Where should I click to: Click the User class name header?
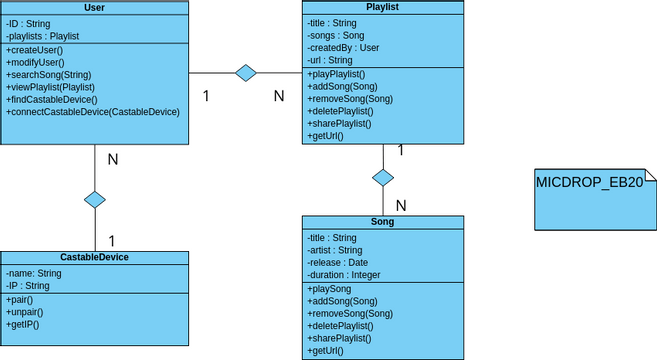(x=94, y=8)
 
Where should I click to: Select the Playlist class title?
(x=383, y=7)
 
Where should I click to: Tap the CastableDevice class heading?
(x=94, y=257)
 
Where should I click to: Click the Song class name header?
(x=383, y=222)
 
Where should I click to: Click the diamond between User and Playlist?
(x=245, y=72)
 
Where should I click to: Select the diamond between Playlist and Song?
(x=383, y=178)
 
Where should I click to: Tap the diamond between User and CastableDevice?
(x=94, y=199)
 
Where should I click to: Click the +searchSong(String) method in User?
(x=48, y=75)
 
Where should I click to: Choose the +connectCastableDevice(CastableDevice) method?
(x=93, y=111)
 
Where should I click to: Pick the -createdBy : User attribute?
(x=343, y=47)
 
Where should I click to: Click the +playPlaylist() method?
(x=336, y=75)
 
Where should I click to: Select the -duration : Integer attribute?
(x=344, y=274)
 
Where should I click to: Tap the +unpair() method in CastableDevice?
(x=25, y=312)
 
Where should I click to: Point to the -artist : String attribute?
(x=335, y=250)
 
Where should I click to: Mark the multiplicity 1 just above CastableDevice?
(x=111, y=240)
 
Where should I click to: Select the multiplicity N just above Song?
(x=401, y=205)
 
